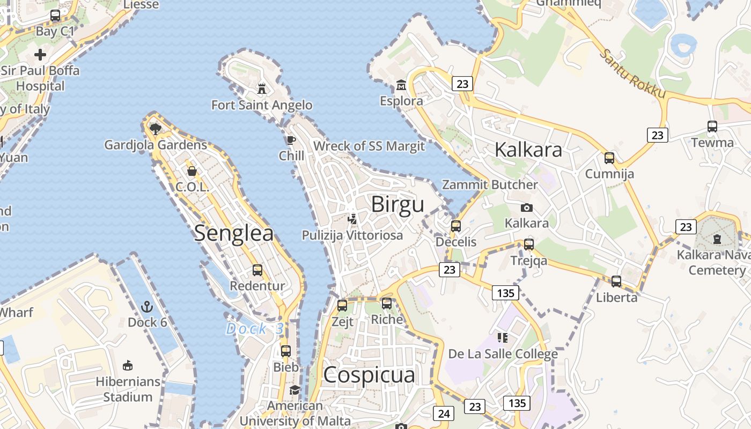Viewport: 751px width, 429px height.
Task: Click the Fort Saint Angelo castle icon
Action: [x=262, y=88]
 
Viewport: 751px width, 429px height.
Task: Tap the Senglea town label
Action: [x=234, y=233]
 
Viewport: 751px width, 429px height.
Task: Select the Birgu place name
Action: [x=397, y=204]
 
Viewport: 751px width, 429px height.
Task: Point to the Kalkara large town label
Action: [x=528, y=150]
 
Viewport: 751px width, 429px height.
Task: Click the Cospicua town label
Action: [x=369, y=375]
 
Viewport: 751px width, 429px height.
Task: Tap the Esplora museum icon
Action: [x=401, y=85]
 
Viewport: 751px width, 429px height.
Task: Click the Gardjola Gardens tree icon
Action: [x=156, y=129]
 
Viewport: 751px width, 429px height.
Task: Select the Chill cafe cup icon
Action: [x=291, y=140]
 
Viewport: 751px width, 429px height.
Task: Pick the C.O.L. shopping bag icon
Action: [x=192, y=171]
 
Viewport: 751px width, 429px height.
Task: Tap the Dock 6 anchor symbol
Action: [x=147, y=307]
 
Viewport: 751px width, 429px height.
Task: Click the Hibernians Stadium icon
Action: [x=128, y=366]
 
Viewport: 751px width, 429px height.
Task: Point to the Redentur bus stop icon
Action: [x=257, y=270]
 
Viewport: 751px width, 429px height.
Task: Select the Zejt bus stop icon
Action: [x=342, y=306]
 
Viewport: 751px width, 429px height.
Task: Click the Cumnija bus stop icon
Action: [x=609, y=158]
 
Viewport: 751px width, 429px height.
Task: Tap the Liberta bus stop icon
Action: [x=616, y=281]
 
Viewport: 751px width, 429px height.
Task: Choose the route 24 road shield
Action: [x=444, y=413]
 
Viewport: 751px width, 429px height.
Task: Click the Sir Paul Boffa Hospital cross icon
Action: [x=40, y=55]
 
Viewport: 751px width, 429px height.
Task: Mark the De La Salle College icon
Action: [x=503, y=337]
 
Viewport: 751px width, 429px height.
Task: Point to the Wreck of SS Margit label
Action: [x=369, y=146]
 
